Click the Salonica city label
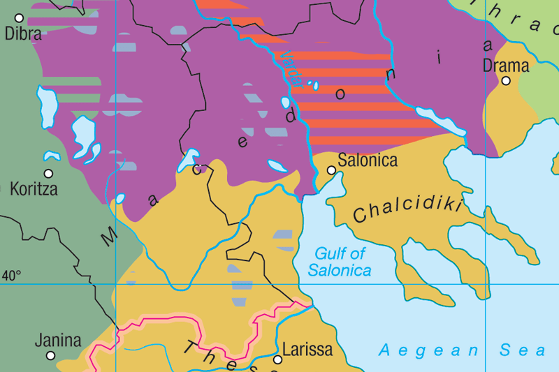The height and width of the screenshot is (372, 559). point(368,161)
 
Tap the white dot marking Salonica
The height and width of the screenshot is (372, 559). point(331,170)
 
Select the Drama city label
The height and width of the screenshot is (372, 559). point(506,66)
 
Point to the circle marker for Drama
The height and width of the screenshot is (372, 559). point(506,81)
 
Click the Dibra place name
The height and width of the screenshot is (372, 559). point(23,34)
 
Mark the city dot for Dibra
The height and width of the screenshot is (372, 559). point(19,17)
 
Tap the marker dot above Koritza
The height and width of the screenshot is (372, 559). point(48,174)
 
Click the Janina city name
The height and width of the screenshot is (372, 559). point(58,341)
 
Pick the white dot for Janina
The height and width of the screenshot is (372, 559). point(50,356)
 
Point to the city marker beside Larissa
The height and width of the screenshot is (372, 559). point(277,359)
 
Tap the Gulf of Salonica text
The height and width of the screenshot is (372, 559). point(340,262)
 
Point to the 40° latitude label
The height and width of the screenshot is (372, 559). point(11,276)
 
